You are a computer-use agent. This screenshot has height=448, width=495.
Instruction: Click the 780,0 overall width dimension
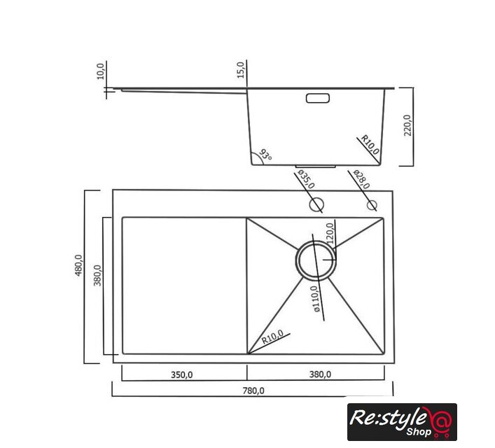tap(253, 391)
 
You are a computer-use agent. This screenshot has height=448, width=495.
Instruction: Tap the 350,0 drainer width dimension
tap(181, 374)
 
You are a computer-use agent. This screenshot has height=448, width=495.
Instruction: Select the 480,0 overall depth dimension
tap(78, 265)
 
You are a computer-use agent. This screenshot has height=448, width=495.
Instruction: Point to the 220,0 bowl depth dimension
tap(408, 125)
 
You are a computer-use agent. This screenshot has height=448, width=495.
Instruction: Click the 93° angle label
tap(265, 155)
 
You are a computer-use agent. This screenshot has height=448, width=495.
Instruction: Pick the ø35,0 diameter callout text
tap(306, 179)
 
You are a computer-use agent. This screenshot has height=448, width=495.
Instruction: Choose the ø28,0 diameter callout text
tap(361, 179)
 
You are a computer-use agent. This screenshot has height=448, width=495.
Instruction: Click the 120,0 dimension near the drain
tap(330, 233)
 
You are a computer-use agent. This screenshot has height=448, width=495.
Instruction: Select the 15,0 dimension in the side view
tap(241, 70)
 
